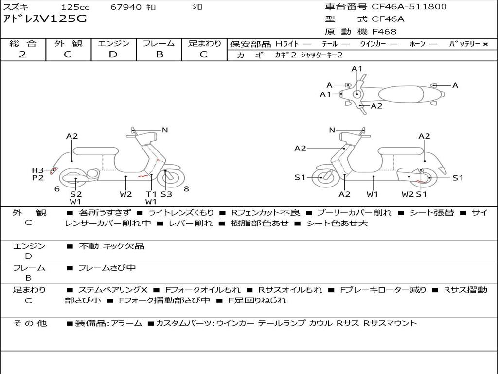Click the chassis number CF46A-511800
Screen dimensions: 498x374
tap(409, 7)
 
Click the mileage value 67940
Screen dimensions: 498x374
tap(126, 7)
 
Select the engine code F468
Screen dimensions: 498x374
tap(384, 32)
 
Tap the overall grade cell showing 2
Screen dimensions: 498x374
tap(23, 55)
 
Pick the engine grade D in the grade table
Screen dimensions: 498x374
tap(113, 55)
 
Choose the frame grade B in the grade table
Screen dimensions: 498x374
tap(159, 55)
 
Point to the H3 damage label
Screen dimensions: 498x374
tap(38, 170)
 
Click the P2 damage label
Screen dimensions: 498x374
tap(38, 178)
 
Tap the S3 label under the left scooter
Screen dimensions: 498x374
tap(166, 194)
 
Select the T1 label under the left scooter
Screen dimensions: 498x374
tap(151, 194)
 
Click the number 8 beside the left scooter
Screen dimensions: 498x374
tap(186, 189)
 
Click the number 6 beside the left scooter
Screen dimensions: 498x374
tap(57, 189)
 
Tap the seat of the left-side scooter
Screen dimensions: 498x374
tap(96, 150)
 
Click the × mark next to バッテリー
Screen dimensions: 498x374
tap(485, 44)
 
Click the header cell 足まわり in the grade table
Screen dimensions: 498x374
tap(205, 43)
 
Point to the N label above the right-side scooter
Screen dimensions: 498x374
tap(332, 130)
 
